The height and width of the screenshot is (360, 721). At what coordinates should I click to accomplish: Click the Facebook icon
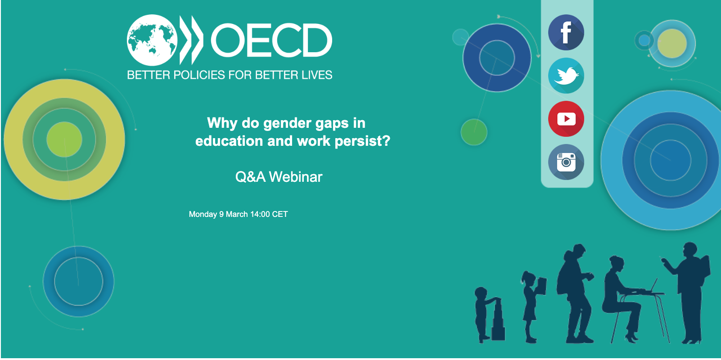point(566,32)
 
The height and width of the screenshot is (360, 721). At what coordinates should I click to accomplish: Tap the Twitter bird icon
point(566,76)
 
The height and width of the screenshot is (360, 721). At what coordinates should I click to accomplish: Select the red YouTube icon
point(566,119)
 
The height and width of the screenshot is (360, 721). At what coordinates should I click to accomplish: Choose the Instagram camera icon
point(566,162)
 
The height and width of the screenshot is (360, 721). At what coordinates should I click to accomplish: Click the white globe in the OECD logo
point(152,40)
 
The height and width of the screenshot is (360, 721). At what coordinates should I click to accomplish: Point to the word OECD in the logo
point(271,40)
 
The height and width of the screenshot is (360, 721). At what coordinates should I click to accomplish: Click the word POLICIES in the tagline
point(199,75)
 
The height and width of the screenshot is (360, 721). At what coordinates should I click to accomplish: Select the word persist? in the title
point(362,141)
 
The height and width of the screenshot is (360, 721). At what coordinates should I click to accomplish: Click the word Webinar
point(296,177)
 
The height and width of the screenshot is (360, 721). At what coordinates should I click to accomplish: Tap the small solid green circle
point(474,132)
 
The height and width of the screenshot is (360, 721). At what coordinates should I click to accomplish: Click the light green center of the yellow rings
point(64,139)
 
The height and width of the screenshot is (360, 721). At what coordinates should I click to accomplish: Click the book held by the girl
point(542,286)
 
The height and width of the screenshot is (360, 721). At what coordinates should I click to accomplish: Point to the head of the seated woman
point(617,264)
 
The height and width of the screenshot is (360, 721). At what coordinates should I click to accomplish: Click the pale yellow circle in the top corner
point(672,44)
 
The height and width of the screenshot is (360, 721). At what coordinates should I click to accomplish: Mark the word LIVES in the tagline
point(317,75)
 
